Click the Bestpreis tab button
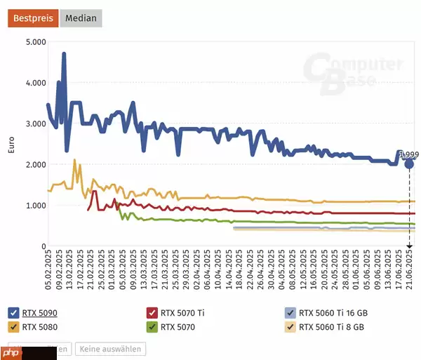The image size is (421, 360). (33, 18)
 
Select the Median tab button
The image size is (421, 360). (81, 18)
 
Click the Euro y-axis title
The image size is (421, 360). (10, 144)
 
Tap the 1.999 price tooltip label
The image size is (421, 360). (409, 154)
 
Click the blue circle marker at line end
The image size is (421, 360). (409, 164)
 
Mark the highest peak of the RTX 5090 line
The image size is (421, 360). (64, 54)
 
